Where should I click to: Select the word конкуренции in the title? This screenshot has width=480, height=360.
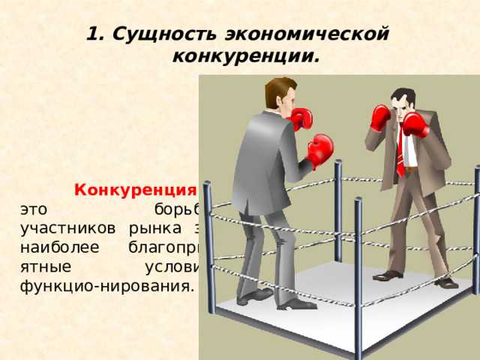(244, 56)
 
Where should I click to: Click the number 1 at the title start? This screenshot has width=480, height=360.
(92, 34)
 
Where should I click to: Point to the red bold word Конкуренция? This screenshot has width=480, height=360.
(136, 189)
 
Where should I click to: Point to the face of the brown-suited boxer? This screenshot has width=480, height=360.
(404, 106)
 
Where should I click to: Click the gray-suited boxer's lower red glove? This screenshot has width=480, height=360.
(320, 149)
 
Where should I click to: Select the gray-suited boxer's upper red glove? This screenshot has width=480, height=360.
(301, 118)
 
